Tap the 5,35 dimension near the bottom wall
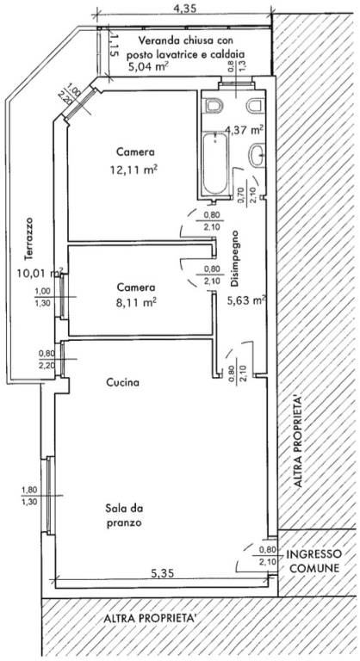pyautogui.click(x=163, y=573)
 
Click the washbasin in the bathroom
pyautogui.click(x=257, y=156)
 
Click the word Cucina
pyautogui.click(x=123, y=383)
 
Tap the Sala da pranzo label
pyautogui.click(x=124, y=516)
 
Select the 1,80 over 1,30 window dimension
pyautogui.click(x=29, y=496)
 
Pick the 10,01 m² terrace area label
pyautogui.click(x=40, y=273)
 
